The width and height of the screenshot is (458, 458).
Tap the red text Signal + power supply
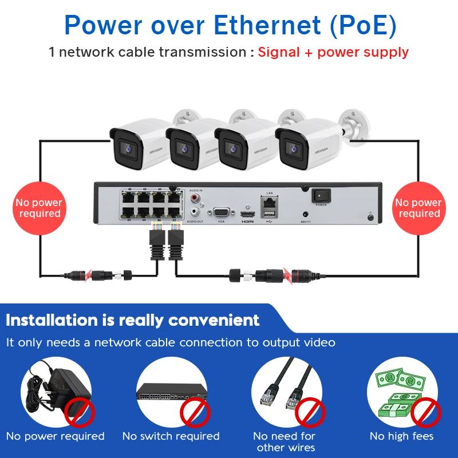click(333, 52)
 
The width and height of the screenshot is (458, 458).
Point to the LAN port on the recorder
click(269, 202)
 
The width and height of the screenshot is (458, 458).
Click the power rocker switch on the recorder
click(321, 196)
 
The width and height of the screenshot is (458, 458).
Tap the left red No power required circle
click(39, 208)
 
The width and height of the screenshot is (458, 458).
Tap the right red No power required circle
click(418, 208)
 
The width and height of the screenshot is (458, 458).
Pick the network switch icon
click(171, 392)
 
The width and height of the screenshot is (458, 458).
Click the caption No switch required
click(171, 436)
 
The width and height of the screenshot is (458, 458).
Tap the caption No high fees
click(401, 436)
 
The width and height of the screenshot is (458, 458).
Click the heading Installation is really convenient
click(133, 320)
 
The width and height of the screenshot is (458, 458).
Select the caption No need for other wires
click(285, 441)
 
